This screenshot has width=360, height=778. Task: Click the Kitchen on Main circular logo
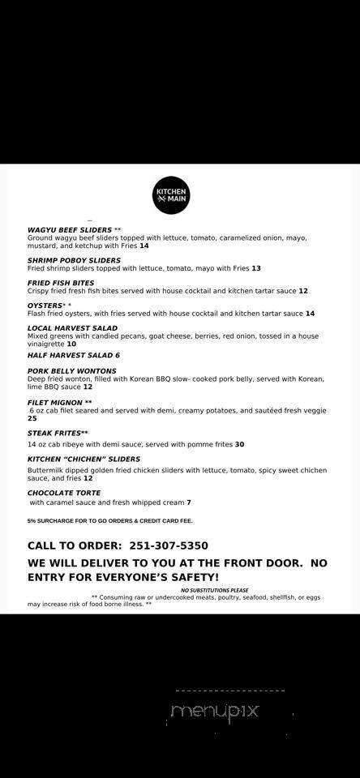(x=172, y=195)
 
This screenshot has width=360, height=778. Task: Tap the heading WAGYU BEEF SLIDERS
(x=69, y=229)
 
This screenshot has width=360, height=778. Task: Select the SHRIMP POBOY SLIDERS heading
(x=74, y=260)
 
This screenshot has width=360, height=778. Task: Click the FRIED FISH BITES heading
(x=62, y=283)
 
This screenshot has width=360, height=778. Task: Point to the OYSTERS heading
(x=45, y=306)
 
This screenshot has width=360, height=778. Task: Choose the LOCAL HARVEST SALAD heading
(x=72, y=328)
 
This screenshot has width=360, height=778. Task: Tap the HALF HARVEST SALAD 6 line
(x=73, y=355)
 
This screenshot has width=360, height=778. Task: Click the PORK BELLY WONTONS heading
(x=71, y=370)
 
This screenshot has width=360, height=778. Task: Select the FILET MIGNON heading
(x=55, y=402)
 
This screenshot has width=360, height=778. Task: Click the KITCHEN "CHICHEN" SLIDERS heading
(x=84, y=459)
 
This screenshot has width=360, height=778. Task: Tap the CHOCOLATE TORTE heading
(x=63, y=492)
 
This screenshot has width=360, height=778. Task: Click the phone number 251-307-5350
(x=172, y=545)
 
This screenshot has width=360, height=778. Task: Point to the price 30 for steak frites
(x=239, y=444)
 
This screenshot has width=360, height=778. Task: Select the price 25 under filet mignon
(x=32, y=418)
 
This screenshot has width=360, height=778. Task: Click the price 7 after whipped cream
(x=189, y=502)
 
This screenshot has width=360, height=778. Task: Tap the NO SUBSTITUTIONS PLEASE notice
(x=214, y=590)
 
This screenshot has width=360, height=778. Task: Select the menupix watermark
(x=214, y=711)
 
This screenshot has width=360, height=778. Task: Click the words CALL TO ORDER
(x=73, y=545)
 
